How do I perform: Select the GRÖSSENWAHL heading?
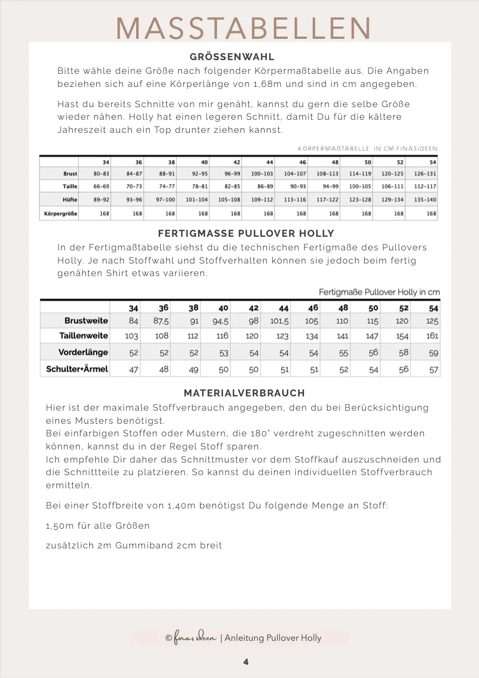pos(232,57)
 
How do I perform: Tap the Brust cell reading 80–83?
pos(101,174)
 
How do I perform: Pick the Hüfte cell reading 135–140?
pos(425,200)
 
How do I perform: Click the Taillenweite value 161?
pos(432,336)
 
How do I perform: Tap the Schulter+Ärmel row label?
pos(77,369)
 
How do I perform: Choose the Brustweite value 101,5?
pos(279,321)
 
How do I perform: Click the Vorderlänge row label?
pos(83,353)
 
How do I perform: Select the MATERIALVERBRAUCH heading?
pos(244,393)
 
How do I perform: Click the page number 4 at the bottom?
pos(246,662)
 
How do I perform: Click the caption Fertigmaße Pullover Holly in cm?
pos(379,292)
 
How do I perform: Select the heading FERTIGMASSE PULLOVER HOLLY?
pos(246,234)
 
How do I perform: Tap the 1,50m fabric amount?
pos(60,525)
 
